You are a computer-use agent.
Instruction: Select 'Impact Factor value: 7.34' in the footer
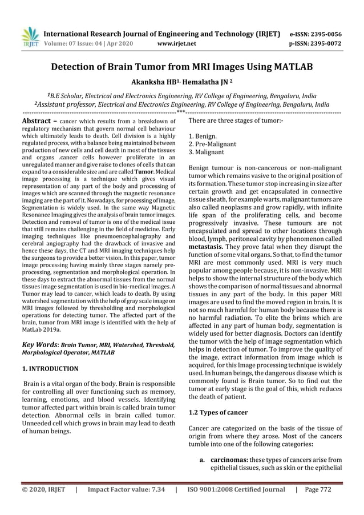point(126,489)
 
